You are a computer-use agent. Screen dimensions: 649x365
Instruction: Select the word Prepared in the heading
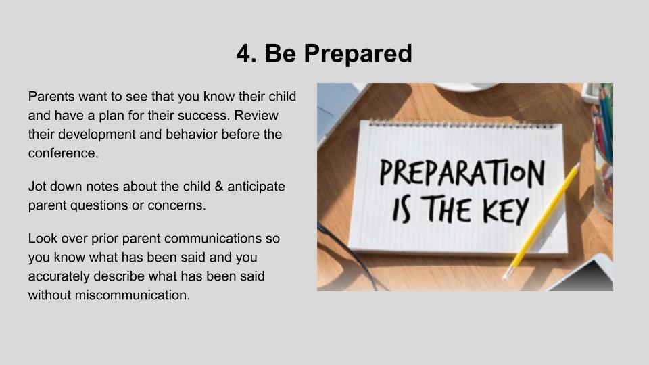(358, 54)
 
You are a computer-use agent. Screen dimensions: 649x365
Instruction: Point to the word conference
(64, 153)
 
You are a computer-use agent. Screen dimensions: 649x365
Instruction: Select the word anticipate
(256, 187)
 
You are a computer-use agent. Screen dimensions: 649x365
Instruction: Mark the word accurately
(59, 276)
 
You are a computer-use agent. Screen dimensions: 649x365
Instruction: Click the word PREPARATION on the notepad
(462, 172)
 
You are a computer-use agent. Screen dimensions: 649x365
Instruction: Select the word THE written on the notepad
(447, 209)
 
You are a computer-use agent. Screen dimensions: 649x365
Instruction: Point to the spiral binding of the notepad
(460, 124)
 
